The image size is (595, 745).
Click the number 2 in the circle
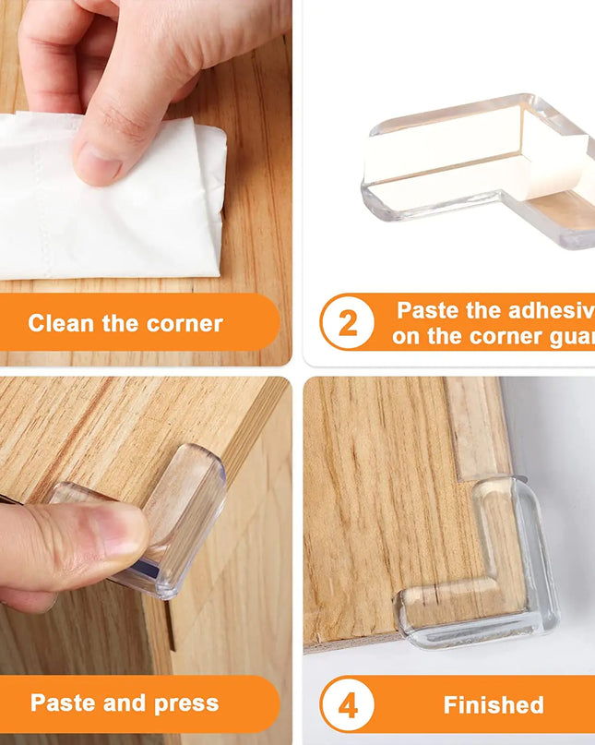pyautogui.click(x=348, y=324)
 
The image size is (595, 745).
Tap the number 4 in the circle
pyautogui.click(x=348, y=706)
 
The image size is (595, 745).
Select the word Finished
pyautogui.click(x=494, y=706)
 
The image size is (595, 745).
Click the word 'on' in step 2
pyautogui.click(x=406, y=337)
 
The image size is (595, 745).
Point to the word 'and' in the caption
pyautogui.click(x=122, y=703)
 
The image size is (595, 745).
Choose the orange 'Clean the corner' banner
pyautogui.click(x=138, y=324)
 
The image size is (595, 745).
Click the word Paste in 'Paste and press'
pyautogui.click(x=62, y=703)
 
